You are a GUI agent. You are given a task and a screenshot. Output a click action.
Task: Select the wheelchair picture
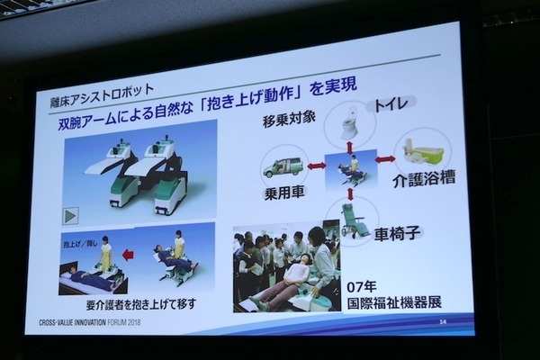point(354,219)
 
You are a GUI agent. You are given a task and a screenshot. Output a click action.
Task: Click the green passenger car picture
point(283,166)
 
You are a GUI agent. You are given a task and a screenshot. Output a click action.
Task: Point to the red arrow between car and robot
point(316,166)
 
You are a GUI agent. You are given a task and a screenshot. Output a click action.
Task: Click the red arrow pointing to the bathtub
point(385,159)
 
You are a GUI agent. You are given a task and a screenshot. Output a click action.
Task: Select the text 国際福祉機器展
point(396,301)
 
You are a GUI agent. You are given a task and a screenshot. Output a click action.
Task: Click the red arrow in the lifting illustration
point(127,255)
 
